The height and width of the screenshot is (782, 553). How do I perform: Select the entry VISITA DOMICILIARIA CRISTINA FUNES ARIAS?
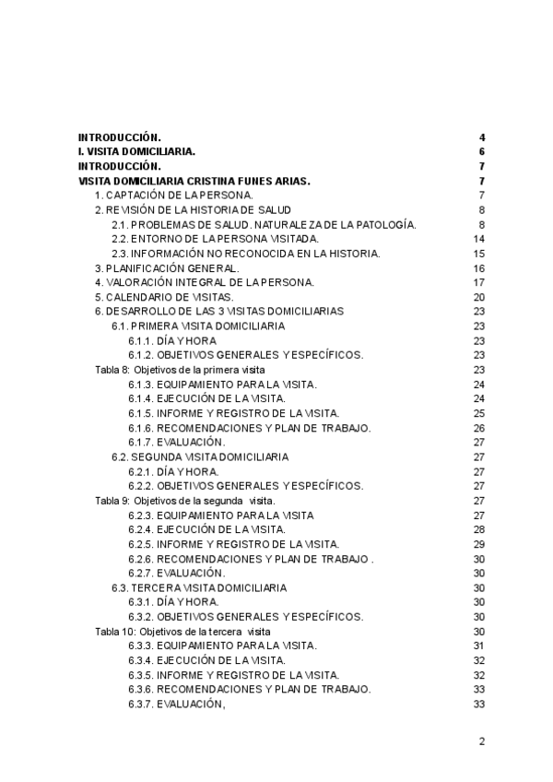[x=194, y=181]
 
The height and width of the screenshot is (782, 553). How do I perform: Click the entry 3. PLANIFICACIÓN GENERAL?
[x=171, y=268]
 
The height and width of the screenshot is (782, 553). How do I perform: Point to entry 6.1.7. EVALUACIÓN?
[x=177, y=443]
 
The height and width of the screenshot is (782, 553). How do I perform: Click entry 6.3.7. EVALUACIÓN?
[x=177, y=705]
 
